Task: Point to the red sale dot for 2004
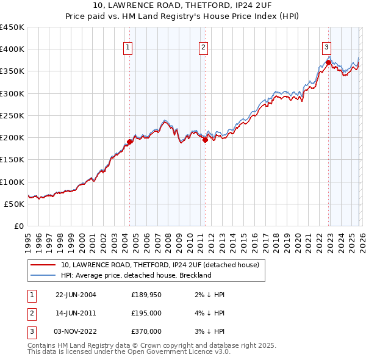click(129, 142)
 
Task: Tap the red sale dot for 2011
click(205, 140)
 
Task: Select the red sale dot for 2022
click(328, 62)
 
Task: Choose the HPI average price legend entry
click(135, 275)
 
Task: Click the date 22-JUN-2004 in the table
click(76, 295)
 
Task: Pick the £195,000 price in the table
click(146, 313)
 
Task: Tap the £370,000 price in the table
click(146, 331)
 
